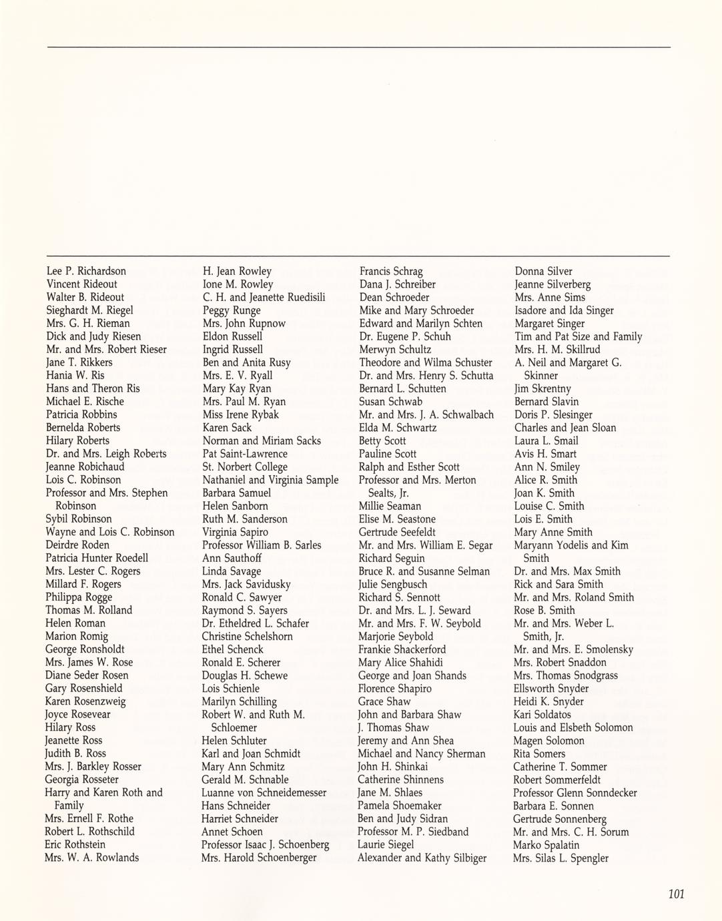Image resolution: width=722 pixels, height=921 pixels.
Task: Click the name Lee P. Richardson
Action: click(86, 271)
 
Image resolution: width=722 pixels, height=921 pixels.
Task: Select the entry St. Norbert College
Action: click(245, 467)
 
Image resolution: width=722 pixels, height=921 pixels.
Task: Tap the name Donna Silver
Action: click(543, 271)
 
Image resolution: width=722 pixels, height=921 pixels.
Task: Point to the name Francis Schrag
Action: click(391, 271)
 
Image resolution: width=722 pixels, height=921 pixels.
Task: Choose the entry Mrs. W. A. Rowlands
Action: click(91, 858)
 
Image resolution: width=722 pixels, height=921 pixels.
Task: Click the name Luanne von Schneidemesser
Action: click(264, 793)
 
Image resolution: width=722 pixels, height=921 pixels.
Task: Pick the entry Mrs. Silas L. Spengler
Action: click(561, 858)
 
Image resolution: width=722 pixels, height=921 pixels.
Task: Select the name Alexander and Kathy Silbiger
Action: click(422, 858)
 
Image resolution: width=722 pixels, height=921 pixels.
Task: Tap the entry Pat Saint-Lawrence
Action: click(245, 454)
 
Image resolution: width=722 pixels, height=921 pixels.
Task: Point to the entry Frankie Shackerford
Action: click(402, 649)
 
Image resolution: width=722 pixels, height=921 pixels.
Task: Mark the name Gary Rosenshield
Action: click(83, 688)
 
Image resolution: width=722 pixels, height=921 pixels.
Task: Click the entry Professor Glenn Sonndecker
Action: click(575, 793)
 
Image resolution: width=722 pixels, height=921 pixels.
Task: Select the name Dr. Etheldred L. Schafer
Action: click(255, 623)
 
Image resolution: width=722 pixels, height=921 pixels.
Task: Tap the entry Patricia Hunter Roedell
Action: click(97, 558)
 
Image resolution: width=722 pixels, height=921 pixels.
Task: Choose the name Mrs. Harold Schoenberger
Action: click(259, 858)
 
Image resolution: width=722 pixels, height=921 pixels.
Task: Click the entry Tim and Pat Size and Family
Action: click(578, 336)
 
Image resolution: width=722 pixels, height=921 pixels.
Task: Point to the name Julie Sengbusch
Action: click(392, 584)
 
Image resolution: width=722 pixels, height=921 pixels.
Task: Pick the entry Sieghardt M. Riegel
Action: click(89, 310)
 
